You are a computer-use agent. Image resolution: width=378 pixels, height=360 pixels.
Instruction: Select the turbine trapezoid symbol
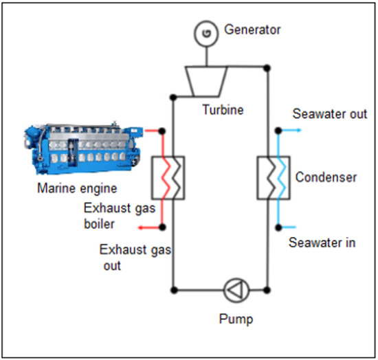204,81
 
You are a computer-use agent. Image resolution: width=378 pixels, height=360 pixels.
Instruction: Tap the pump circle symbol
234,290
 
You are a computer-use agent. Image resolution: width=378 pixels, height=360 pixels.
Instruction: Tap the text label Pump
235,319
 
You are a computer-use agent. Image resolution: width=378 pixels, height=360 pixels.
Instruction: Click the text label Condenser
326,177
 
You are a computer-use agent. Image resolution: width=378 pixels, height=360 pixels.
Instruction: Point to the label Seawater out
329,113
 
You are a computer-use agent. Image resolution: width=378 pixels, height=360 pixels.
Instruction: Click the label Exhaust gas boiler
110,215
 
